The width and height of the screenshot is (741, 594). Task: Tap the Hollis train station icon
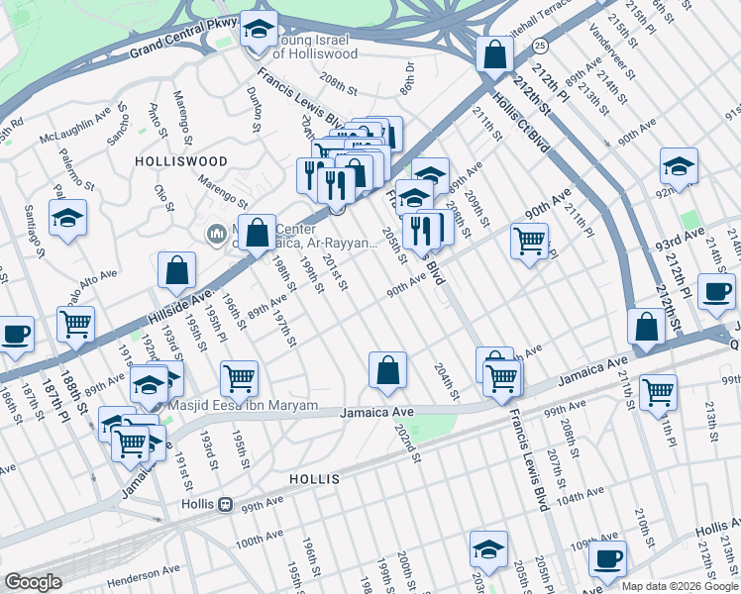pos(225,504)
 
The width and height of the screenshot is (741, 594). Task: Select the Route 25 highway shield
pos(539,46)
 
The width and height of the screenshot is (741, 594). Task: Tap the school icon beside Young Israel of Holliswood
pos(259,31)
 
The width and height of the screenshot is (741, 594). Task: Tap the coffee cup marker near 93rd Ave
pos(716,291)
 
